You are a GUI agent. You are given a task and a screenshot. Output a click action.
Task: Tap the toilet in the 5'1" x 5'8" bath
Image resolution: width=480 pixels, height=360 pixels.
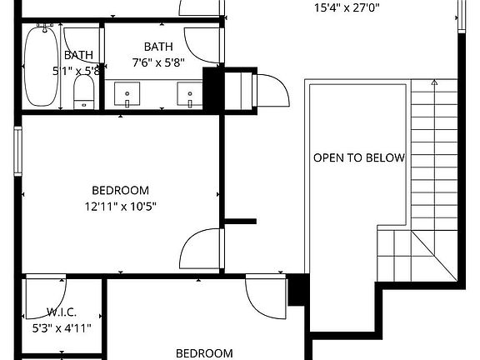84,92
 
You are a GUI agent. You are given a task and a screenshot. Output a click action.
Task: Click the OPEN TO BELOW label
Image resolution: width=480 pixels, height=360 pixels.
358,157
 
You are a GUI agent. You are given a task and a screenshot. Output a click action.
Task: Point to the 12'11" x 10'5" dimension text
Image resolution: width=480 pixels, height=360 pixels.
121,206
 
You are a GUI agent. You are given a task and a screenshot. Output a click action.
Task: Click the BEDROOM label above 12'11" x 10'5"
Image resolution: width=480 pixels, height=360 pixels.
121,189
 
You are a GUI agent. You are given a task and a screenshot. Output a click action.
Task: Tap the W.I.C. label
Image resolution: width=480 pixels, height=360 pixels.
62,312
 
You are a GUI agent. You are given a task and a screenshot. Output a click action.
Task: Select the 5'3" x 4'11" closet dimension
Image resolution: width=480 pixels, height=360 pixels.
62,327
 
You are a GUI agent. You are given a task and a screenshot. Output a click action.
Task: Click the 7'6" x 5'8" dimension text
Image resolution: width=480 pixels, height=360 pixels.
157,62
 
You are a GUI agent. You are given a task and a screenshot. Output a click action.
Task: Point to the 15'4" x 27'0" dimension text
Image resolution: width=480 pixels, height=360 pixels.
348,9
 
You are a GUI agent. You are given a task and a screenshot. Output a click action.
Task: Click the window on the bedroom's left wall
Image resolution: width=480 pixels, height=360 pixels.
17,151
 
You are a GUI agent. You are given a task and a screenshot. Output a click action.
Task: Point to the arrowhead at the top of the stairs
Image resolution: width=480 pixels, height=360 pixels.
434,82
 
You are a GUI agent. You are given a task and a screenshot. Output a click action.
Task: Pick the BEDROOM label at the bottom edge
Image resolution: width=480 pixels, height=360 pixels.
203,353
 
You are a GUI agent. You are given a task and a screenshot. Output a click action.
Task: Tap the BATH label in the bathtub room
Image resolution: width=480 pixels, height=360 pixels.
79,55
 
